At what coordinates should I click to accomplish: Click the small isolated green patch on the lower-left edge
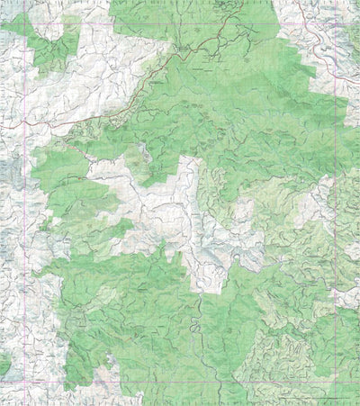(x=4, y=365)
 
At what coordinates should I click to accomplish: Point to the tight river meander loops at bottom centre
(x=194, y=324)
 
